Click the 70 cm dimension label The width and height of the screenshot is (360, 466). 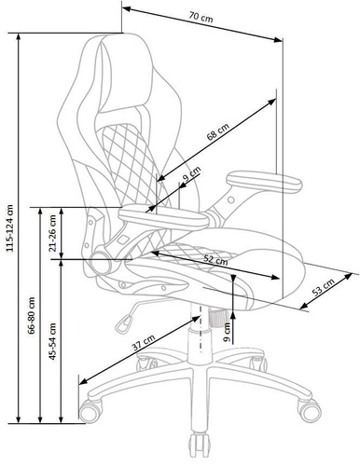pos(197,18)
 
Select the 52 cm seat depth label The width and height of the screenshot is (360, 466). pos(216,261)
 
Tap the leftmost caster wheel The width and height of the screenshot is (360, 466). pos(91,409)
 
